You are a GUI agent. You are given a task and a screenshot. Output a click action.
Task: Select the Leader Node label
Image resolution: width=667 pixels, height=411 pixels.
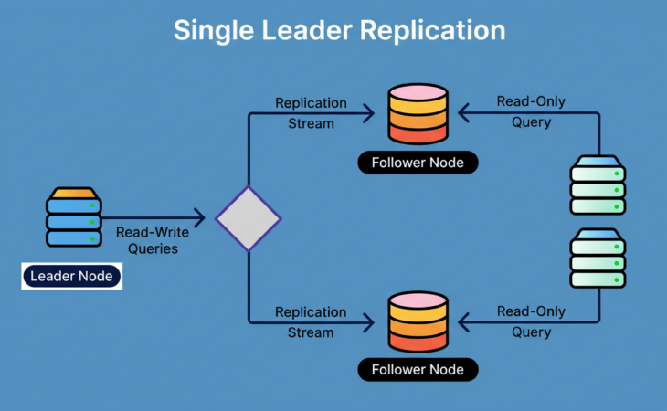(x=71, y=275)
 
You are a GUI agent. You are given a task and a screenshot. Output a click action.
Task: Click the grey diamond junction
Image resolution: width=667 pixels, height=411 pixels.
(x=248, y=218)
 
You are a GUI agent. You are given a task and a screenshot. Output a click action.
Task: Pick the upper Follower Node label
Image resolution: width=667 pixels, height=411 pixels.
(x=417, y=163)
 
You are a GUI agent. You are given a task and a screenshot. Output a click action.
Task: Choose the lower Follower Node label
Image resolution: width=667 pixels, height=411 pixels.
(x=417, y=370)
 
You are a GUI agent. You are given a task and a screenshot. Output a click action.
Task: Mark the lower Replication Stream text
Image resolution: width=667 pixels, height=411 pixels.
(x=311, y=321)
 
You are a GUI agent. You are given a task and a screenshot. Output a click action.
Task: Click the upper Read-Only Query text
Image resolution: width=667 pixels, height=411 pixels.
(x=530, y=112)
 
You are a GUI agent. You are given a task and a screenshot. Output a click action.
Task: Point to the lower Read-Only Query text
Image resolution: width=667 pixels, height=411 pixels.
(x=530, y=321)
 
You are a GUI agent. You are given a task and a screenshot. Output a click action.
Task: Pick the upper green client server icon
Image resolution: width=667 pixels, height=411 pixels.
(x=598, y=185)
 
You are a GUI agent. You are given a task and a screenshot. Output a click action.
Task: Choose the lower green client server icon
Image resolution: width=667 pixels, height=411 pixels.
(x=598, y=260)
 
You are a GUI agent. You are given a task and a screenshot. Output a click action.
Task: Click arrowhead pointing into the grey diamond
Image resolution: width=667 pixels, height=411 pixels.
(x=198, y=218)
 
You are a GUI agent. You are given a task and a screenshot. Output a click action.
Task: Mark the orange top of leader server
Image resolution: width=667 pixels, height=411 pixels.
(x=73, y=194)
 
